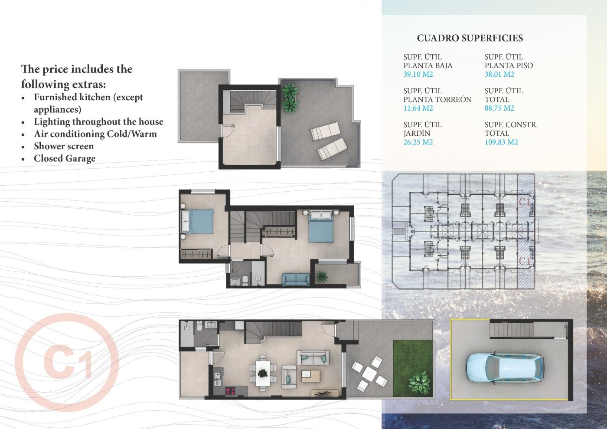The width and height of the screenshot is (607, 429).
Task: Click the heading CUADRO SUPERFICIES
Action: coord(470,38)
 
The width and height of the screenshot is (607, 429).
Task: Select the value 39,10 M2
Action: coord(418,74)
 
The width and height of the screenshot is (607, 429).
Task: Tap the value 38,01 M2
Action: coord(499,74)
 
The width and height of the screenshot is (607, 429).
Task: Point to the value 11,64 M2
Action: coord(418,108)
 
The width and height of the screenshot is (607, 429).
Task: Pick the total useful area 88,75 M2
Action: coord(499,108)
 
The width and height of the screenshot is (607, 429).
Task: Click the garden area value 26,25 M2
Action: coord(418,142)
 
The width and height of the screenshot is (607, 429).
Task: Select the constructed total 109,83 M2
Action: coord(501,142)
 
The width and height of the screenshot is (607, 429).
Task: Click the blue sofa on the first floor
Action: coord(296,279)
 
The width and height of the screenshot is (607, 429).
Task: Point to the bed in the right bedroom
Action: coord(321,226)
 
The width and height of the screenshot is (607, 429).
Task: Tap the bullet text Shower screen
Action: coord(64,146)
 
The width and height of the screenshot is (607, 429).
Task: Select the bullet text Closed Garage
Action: coord(65,158)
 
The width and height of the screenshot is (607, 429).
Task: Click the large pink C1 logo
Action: coord(67,362)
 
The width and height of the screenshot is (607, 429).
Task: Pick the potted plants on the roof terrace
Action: coord(290,98)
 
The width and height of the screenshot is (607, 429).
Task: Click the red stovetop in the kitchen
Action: coord(230,391)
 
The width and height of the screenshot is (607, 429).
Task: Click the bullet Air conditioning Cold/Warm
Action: coord(95,134)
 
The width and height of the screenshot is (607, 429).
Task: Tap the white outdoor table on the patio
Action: coord(369,373)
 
